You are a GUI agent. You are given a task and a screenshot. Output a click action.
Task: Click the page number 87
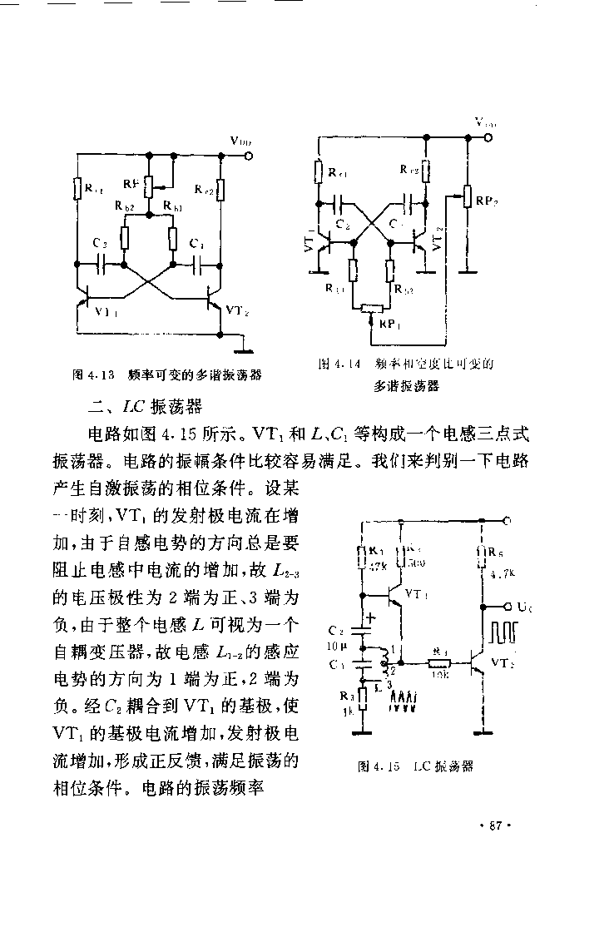[494, 825]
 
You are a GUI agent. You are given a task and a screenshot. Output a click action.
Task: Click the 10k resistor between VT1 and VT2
[438, 662]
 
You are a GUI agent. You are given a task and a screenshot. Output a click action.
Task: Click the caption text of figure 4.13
[167, 374]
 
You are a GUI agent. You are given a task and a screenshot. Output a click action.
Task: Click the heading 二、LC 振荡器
[145, 406]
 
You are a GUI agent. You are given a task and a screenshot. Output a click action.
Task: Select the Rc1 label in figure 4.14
[338, 174]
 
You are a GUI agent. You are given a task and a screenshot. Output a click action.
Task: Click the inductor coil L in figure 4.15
[385, 662]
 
